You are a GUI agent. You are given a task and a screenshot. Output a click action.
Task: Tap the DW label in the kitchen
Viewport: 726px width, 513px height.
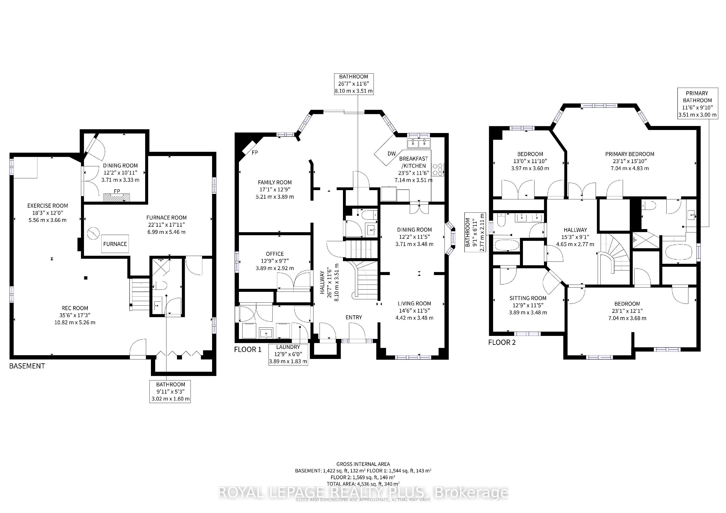pos(392,154)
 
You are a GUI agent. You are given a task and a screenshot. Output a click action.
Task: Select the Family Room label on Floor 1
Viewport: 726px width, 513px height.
pos(275,182)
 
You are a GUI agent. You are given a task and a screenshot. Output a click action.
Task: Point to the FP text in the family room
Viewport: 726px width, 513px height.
pos(254,153)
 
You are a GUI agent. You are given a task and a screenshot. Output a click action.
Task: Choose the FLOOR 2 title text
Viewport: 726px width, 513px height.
pos(502,342)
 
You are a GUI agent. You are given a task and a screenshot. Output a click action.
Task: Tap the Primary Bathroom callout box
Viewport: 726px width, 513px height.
pos(697,104)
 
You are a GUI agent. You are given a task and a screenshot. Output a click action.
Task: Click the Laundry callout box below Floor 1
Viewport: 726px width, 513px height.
pos(288,354)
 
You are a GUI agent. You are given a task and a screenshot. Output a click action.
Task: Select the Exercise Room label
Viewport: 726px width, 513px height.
pos(48,206)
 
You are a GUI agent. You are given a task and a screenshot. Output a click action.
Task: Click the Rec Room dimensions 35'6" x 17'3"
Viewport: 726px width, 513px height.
pos(75,315)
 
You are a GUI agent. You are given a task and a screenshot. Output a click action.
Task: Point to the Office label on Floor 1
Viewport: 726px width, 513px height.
pos(275,254)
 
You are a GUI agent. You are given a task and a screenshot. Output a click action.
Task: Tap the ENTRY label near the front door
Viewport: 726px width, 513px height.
pos(354,317)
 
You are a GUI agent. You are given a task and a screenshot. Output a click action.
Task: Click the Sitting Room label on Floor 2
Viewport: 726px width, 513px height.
pos(528,298)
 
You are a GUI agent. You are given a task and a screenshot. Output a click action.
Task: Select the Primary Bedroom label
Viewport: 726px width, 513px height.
pos(629,154)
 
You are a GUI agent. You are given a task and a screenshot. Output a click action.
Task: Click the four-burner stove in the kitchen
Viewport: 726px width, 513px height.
pos(438,169)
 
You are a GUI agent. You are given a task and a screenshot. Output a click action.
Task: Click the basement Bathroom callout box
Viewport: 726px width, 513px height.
pos(170,391)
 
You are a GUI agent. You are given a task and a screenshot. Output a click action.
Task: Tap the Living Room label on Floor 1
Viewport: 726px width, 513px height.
pos(414,303)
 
